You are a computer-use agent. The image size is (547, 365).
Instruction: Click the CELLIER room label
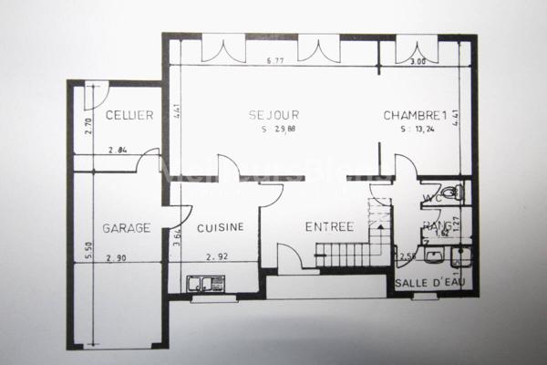pyautogui.click(x=129, y=115)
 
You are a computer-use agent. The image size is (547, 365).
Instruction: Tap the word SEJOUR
pyautogui.click(x=274, y=115)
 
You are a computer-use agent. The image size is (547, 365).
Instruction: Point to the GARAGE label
pyautogui.click(x=126, y=228)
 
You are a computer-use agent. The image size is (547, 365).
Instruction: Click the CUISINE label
pyautogui.click(x=219, y=228)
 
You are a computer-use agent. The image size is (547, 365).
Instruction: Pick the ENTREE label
pyautogui.click(x=329, y=227)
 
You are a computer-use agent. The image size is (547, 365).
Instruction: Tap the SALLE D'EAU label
pyautogui.click(x=429, y=283)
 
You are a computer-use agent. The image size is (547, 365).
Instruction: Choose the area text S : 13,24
pyautogui.click(x=418, y=130)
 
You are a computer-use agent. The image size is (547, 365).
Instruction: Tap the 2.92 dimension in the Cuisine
pyautogui.click(x=217, y=256)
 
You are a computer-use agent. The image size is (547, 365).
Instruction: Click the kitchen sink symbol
pyautogui.click(x=206, y=284)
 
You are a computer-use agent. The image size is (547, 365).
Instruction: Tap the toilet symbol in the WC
pyautogui.click(x=456, y=193)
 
